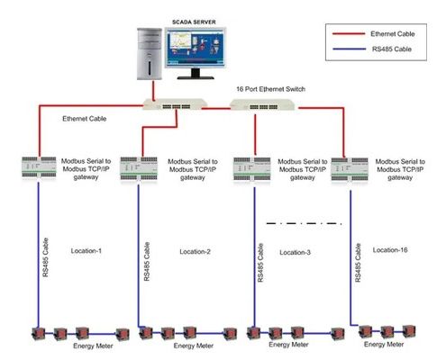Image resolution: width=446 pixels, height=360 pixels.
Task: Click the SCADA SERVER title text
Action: pos(194,22)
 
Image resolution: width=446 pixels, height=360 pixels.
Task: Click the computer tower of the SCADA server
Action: pos(150,54)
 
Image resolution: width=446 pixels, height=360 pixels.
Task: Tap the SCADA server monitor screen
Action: pos(196,47)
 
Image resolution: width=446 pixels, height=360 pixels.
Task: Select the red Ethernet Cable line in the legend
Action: pos(349,34)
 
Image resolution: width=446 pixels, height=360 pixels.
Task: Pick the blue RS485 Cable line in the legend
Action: pos(349,49)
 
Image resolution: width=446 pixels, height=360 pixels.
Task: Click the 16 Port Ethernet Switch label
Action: pos(270,89)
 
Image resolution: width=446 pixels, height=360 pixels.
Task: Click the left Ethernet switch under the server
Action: pos(175,104)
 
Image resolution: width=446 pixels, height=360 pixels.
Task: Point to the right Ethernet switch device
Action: pos(262,105)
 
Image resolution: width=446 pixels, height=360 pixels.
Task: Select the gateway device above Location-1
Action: pos(39,167)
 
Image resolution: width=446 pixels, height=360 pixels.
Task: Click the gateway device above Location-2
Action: pos(139,168)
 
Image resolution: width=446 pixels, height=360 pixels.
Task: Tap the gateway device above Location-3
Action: pos(251,169)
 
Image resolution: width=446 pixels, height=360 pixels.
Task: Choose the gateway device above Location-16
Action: pos(350,169)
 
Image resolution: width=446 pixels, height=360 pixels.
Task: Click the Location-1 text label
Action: pos(86,251)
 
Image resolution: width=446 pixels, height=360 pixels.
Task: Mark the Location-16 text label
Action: pos(390,250)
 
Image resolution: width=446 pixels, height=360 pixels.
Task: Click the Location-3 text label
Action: pos(295,253)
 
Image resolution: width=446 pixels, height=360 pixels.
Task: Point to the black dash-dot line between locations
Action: pos(304,223)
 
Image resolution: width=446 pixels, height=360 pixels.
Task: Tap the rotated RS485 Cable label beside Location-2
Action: pos(147,262)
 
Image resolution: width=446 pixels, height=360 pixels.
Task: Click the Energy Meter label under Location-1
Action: pos(93,346)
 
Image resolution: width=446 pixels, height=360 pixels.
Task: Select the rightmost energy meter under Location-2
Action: pos(230,333)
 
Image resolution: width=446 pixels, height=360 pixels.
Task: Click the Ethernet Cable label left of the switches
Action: pos(85,119)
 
